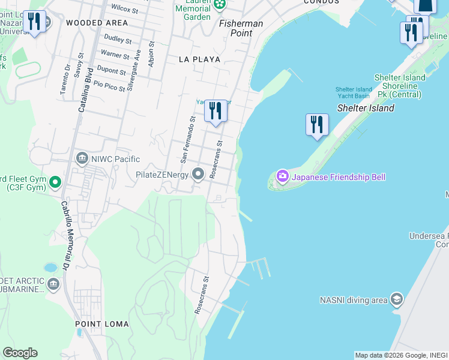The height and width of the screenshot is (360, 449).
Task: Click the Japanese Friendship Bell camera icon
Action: click(282, 176)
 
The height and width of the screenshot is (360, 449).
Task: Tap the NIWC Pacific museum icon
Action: click(82, 159)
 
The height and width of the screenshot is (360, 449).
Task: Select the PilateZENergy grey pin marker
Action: click(198, 175)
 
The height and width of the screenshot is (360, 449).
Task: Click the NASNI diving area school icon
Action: click(396, 299)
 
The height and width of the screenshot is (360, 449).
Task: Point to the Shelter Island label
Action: click(366, 108)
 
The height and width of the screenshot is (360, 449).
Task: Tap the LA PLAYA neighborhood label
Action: click(199, 59)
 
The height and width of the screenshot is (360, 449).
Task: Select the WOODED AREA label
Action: click(97, 23)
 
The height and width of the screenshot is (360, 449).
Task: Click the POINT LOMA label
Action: click(102, 324)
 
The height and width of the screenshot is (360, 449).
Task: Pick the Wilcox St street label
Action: click(125, 9)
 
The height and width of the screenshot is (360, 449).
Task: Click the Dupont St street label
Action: click(112, 71)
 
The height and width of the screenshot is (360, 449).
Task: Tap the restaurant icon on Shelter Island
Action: click(317, 125)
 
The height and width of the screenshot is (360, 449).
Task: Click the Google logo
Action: click(20, 353)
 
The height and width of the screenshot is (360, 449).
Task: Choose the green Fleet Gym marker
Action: click(55, 181)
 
